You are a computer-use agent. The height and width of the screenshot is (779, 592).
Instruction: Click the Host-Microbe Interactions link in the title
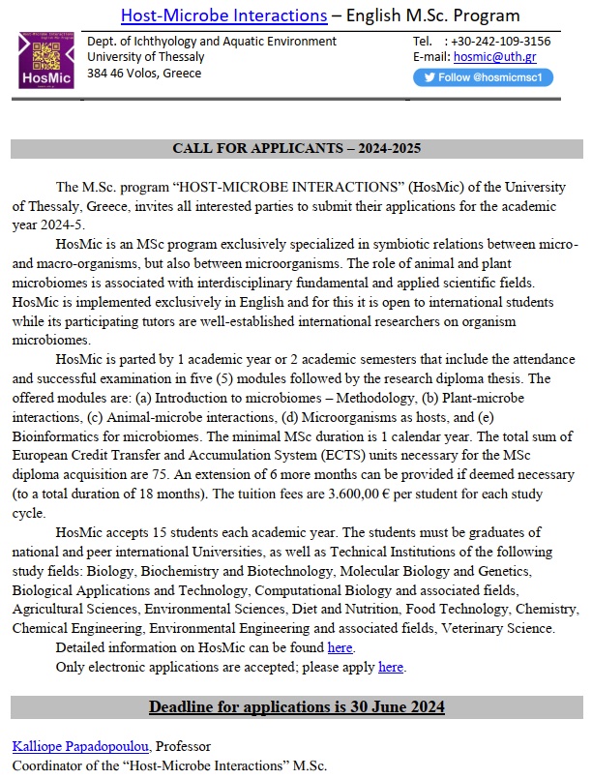coord(223,15)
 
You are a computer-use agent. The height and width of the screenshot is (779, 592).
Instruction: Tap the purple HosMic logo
coord(47,60)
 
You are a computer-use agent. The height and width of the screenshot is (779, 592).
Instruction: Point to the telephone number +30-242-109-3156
coord(506,41)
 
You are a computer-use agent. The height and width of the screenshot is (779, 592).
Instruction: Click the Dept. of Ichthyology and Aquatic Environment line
coord(212,41)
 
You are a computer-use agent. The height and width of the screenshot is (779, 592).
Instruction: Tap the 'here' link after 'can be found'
coord(340,647)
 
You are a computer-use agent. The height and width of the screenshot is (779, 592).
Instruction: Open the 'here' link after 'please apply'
coord(391,667)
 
